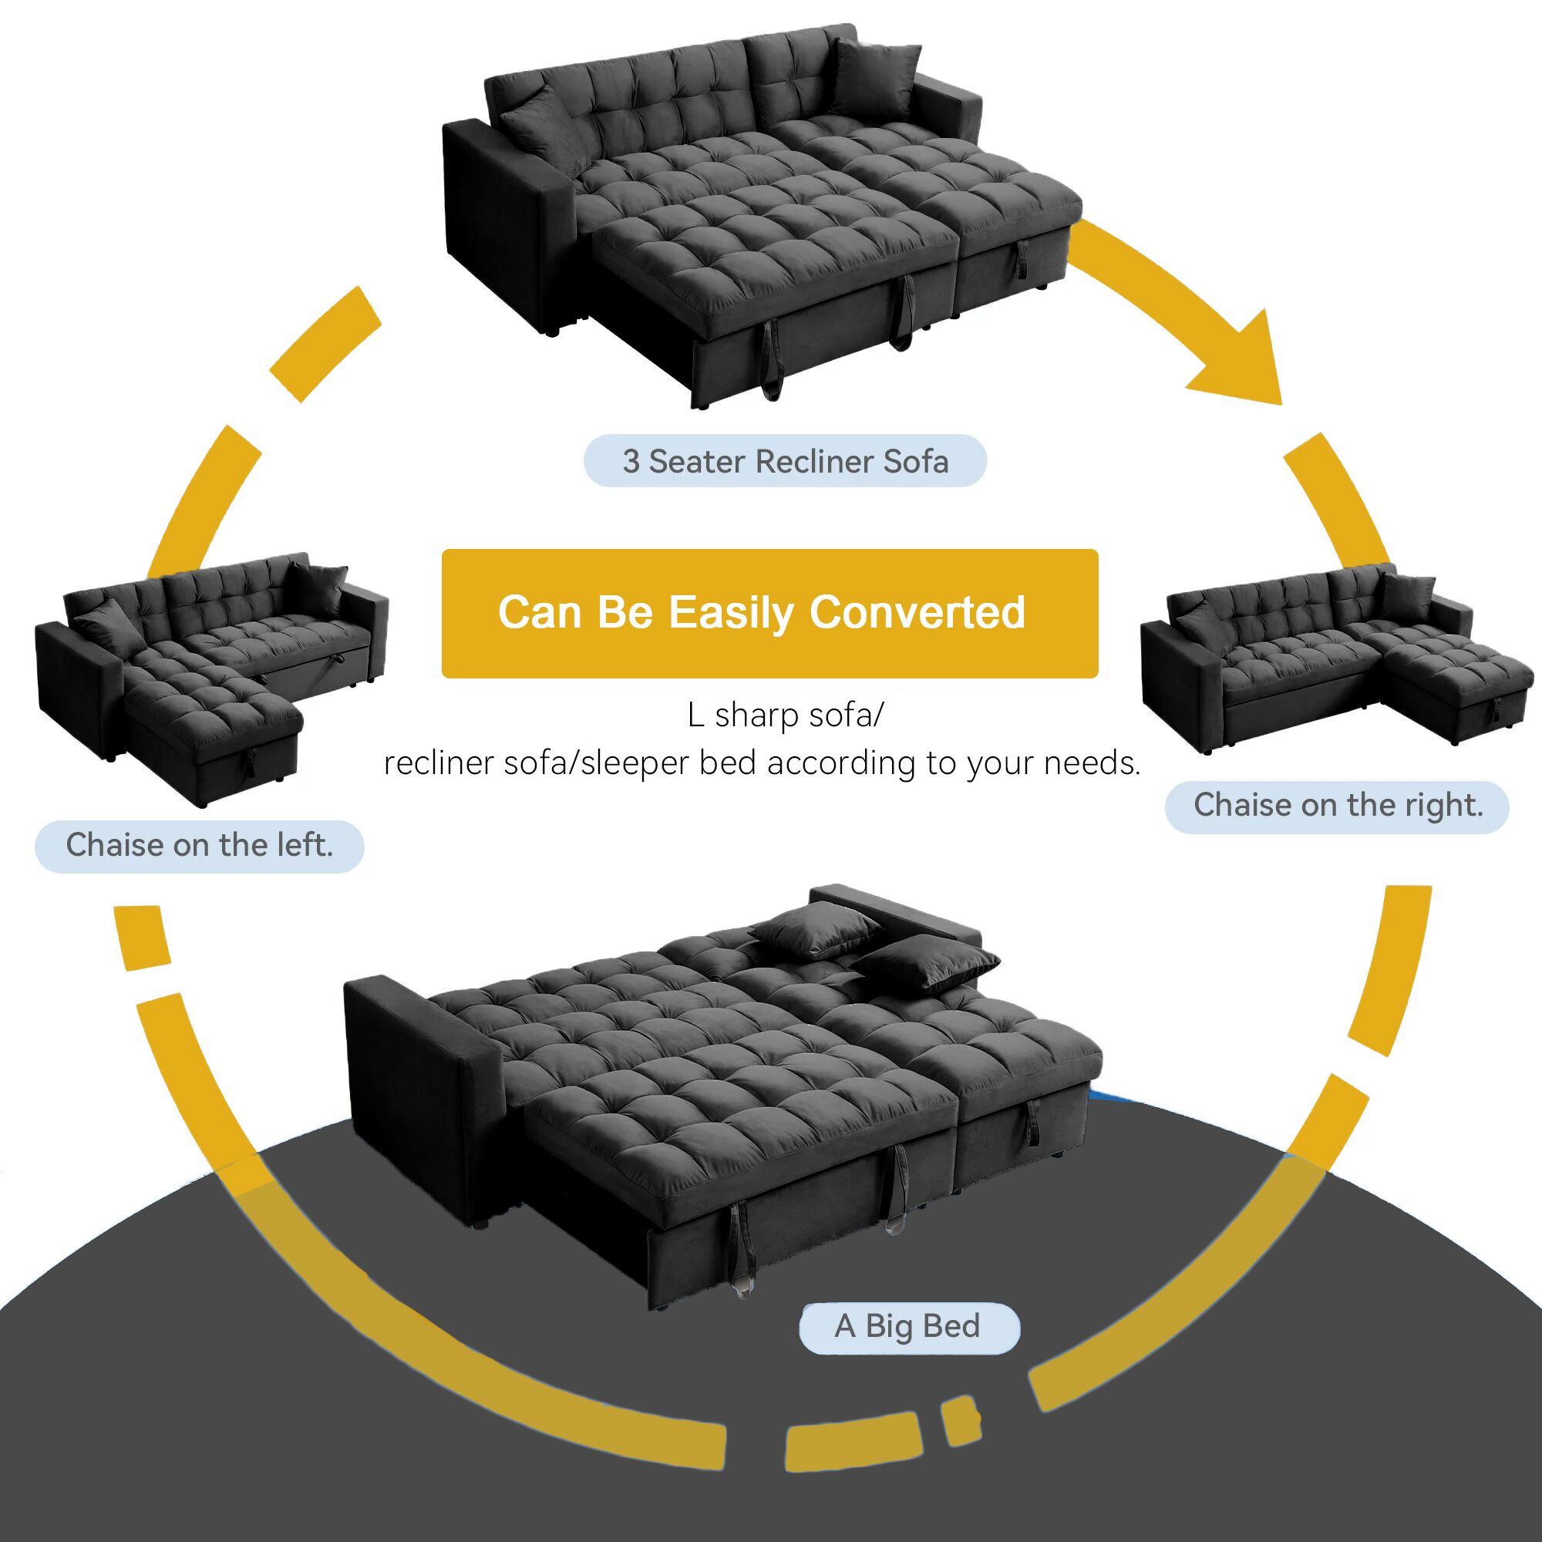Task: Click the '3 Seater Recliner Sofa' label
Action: coord(785,461)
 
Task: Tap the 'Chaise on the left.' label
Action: coord(199,845)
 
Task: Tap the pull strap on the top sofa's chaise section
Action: coord(1023,254)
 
